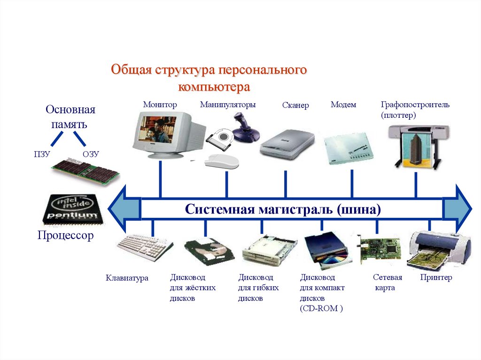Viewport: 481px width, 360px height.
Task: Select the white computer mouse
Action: pyautogui.click(x=221, y=161)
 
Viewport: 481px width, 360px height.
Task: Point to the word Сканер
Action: pyautogui.click(x=295, y=106)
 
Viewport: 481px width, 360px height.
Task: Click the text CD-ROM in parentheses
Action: pyautogui.click(x=322, y=308)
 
